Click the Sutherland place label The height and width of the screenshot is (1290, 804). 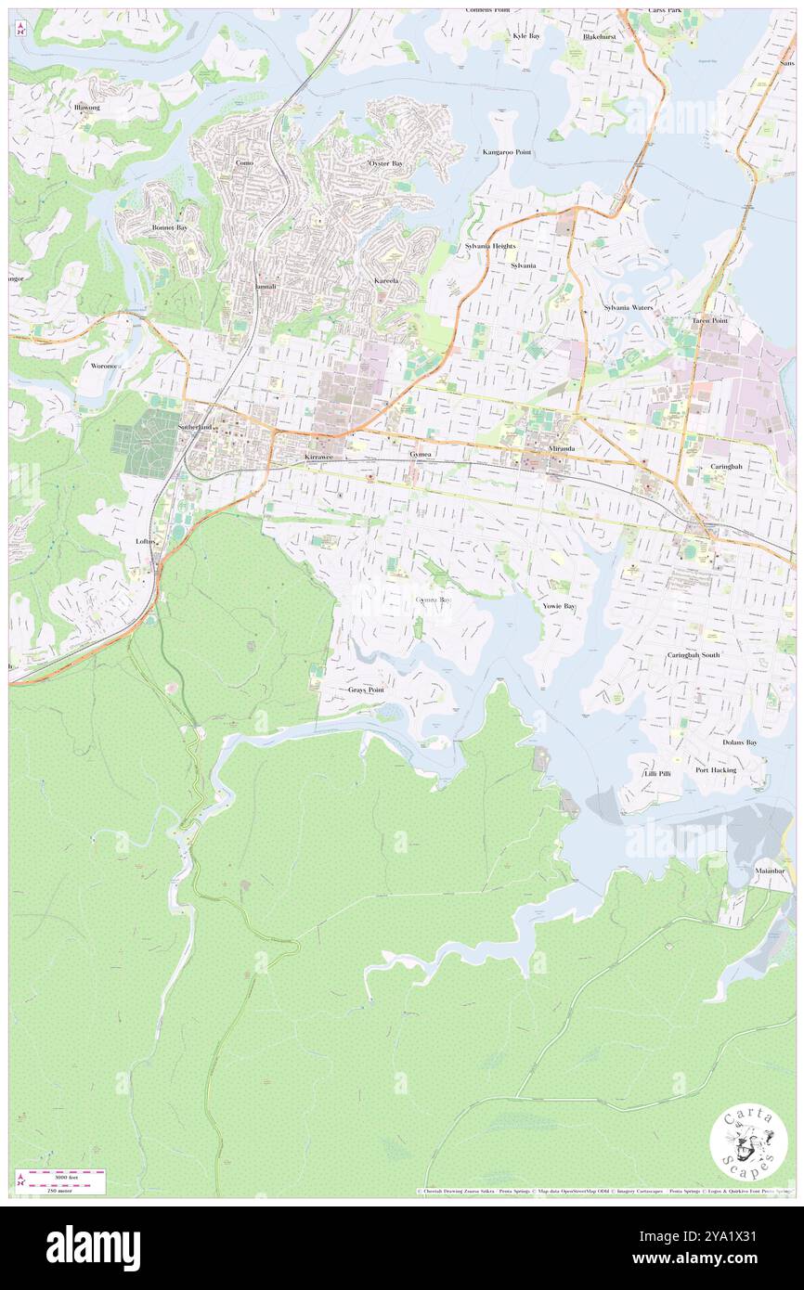pyautogui.click(x=196, y=426)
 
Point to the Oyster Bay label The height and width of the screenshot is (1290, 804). pyautogui.click(x=385, y=163)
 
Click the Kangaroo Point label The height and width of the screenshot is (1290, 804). pyautogui.click(x=506, y=151)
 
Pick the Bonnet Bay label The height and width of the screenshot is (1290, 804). pyautogui.click(x=169, y=226)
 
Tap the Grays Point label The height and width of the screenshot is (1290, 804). pyautogui.click(x=366, y=690)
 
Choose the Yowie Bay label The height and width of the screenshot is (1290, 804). pyautogui.click(x=559, y=606)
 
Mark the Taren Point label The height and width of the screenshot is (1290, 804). pyautogui.click(x=709, y=320)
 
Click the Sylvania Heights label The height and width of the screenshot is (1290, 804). pyautogui.click(x=489, y=246)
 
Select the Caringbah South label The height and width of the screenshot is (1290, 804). pyautogui.click(x=693, y=655)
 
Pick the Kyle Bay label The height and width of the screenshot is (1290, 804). pyautogui.click(x=525, y=35)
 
